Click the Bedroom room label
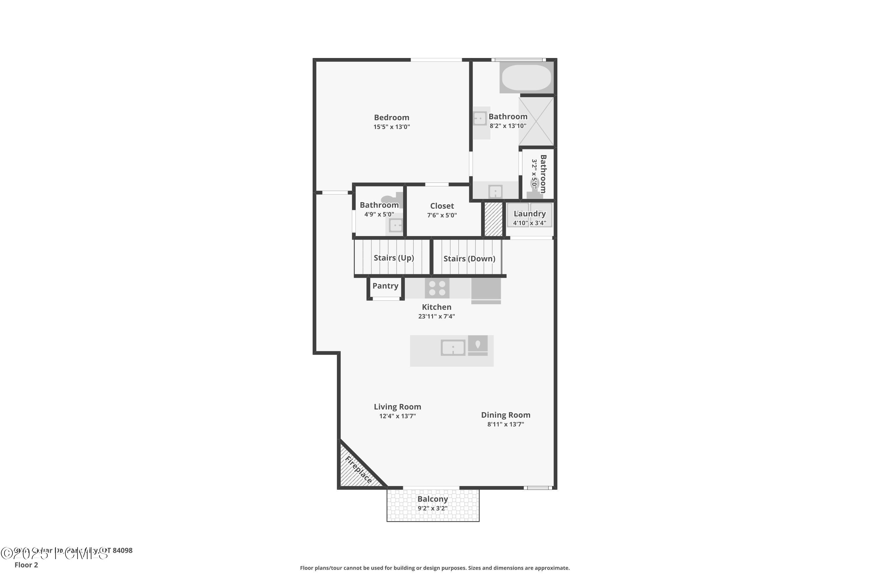(x=391, y=118)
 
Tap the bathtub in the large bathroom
(x=526, y=78)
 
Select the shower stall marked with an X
(x=536, y=121)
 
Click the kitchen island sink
(x=453, y=348)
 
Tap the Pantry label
(x=385, y=286)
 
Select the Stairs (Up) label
(x=394, y=258)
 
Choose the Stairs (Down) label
(x=469, y=259)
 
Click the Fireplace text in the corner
(x=358, y=470)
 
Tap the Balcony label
(x=432, y=499)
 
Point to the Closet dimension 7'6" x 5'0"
(x=442, y=215)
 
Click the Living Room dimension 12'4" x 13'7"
(x=397, y=416)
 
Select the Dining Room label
(x=505, y=415)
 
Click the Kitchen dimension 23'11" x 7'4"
(x=436, y=316)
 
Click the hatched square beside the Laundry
(x=494, y=219)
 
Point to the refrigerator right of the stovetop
(x=486, y=289)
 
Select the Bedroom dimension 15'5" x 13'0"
(x=391, y=127)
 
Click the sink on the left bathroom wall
(x=480, y=119)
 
